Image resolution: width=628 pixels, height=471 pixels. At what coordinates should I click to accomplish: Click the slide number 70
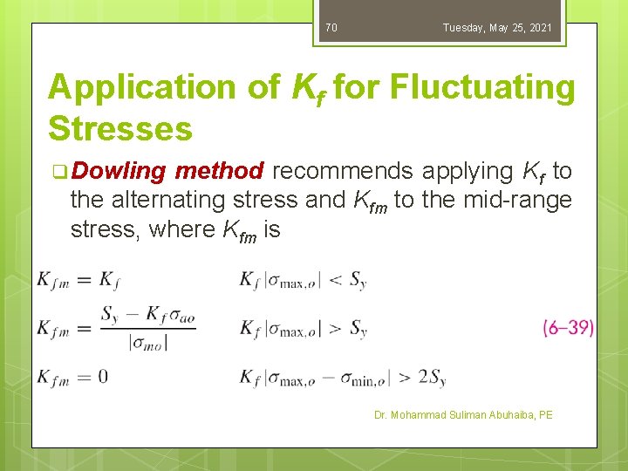coord(331,28)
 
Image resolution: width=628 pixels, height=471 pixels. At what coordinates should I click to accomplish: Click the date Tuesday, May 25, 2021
coord(497,28)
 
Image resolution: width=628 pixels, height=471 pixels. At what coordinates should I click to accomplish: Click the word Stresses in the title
coord(120,128)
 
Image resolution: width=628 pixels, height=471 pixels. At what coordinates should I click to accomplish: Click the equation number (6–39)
coord(568,328)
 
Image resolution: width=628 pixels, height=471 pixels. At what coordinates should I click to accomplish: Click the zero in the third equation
coord(103,377)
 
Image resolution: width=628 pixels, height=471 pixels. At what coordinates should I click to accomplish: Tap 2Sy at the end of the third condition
coord(432,378)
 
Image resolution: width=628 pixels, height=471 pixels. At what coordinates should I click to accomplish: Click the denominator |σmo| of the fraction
coord(148,342)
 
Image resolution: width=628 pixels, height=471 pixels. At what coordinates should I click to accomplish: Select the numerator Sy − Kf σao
coord(147,314)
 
